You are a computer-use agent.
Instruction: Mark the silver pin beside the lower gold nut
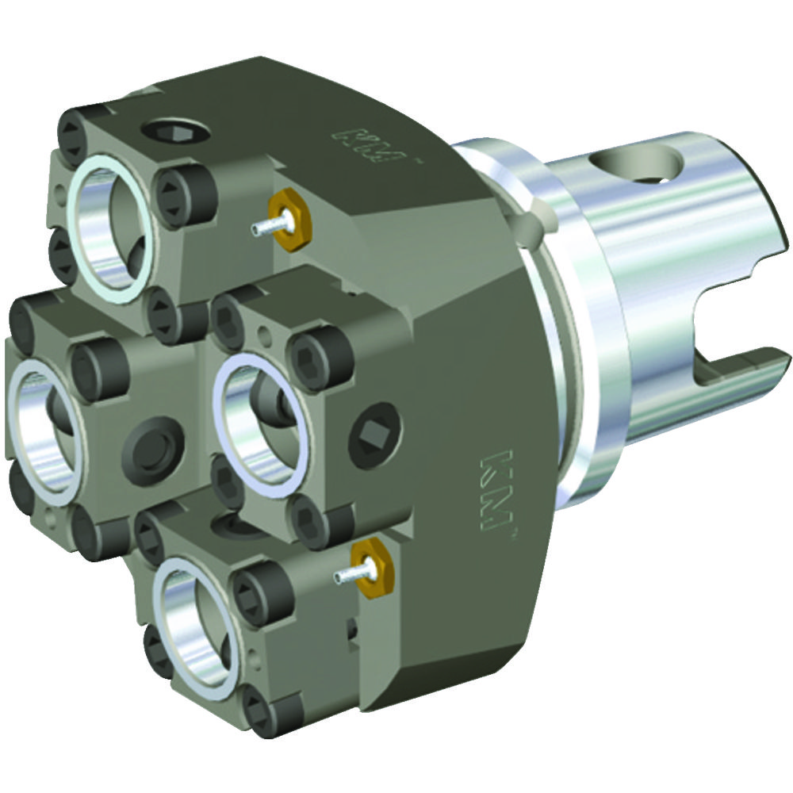coord(345,577)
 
